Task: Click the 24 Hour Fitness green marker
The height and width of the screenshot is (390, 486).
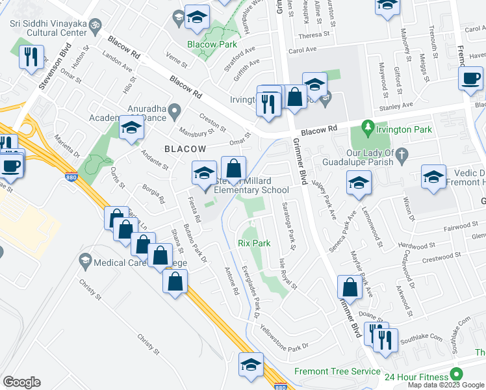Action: (x=457, y=374)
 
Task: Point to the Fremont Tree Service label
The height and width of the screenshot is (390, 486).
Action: (x=337, y=371)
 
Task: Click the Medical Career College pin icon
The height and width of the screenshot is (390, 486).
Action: (x=84, y=261)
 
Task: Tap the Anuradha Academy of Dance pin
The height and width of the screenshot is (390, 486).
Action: (x=173, y=114)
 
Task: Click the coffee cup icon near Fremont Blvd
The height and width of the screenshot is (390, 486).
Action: (x=470, y=79)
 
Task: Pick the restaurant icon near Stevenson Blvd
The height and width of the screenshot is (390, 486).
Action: (x=31, y=57)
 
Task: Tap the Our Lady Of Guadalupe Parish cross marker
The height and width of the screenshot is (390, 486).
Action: (x=402, y=155)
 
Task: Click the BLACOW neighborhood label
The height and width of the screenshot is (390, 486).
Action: (x=185, y=149)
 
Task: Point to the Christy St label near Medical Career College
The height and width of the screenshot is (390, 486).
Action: (x=91, y=290)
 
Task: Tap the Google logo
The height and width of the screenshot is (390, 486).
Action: (x=21, y=382)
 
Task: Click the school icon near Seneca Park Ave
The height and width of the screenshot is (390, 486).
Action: (x=357, y=183)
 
